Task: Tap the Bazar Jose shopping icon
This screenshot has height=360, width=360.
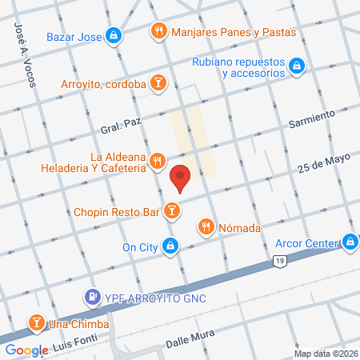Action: click(115, 35)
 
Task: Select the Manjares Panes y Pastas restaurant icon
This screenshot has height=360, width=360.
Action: click(158, 32)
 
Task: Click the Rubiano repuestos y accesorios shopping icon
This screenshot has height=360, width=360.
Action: click(296, 65)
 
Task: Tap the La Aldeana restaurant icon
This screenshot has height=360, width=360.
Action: click(158, 161)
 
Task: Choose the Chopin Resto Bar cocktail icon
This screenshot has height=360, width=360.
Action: click(171, 211)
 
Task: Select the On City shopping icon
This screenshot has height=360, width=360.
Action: click(170, 246)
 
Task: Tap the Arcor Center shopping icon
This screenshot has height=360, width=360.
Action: click(350, 241)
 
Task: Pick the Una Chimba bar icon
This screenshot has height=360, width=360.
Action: click(36, 323)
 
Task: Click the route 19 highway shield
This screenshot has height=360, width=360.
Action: click(278, 262)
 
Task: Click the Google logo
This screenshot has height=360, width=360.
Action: click(26, 350)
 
